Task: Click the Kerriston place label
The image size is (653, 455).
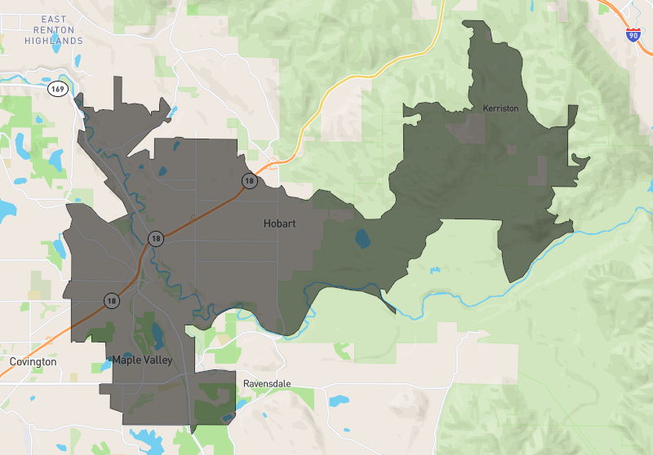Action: click(500, 108)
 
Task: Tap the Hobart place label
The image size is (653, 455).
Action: click(279, 223)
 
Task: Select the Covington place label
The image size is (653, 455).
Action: click(33, 361)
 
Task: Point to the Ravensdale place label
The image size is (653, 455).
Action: click(267, 383)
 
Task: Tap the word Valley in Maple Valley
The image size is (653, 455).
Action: click(159, 360)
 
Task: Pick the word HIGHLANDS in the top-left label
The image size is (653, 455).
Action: click(53, 41)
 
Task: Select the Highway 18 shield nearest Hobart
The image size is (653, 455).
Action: click(248, 180)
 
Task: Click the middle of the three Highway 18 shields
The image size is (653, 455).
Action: click(155, 238)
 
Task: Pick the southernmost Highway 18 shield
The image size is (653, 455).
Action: click(110, 300)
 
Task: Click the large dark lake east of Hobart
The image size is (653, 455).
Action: click(361, 240)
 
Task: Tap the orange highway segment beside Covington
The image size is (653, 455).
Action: click(33, 347)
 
